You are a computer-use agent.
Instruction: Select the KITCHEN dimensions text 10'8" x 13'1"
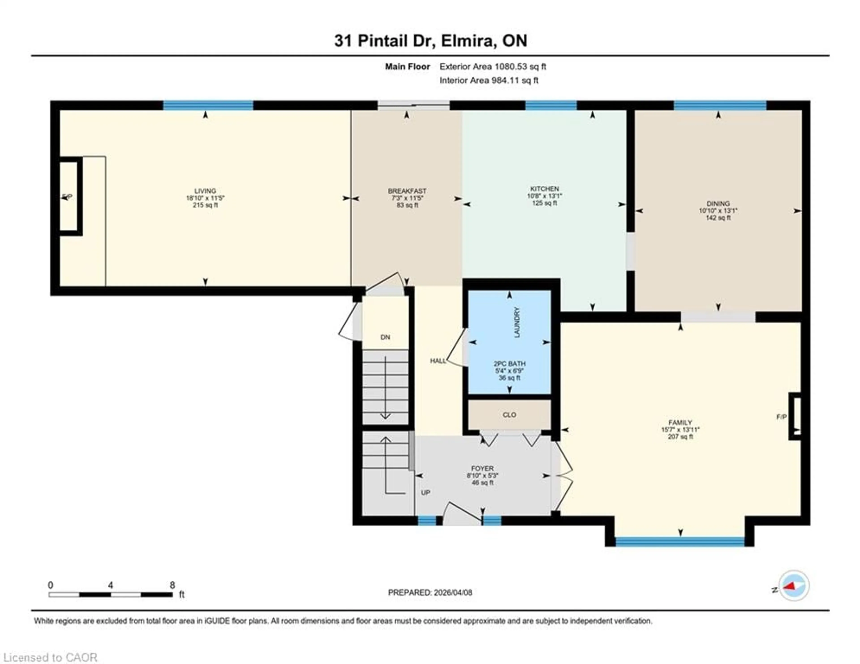coord(545,196)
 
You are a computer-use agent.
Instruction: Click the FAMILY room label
coord(680,423)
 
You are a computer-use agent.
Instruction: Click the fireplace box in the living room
coord(69,196)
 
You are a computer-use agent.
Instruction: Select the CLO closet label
coord(509,415)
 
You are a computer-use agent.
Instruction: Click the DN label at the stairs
coord(385,337)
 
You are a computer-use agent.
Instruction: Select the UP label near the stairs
coord(425,493)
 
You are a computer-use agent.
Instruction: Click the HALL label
coord(438,361)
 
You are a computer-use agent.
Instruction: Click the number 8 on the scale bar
coord(172,585)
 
